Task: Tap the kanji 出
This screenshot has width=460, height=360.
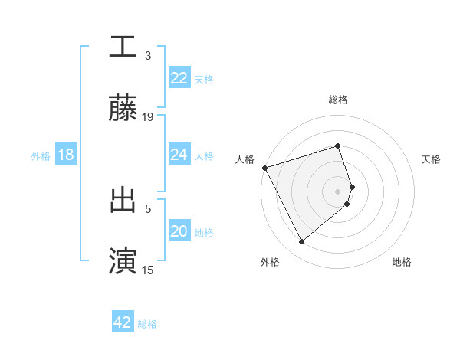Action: tap(123, 200)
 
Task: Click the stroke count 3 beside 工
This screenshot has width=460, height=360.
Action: tap(148, 56)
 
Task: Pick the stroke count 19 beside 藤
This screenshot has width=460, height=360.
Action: tap(148, 117)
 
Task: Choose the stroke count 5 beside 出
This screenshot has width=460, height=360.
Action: tap(148, 208)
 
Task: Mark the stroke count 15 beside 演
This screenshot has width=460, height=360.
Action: tap(148, 270)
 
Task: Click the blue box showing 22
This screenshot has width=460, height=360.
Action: tap(179, 78)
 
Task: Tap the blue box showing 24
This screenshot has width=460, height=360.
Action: tap(179, 155)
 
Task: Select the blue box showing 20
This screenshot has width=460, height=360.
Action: tap(179, 231)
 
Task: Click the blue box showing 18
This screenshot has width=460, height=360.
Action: tap(66, 155)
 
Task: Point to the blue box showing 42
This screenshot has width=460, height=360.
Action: tap(123, 322)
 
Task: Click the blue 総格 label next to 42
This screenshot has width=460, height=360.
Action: tap(147, 324)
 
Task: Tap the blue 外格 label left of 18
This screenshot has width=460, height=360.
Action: tap(41, 156)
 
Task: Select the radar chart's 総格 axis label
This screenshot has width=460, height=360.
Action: tap(338, 100)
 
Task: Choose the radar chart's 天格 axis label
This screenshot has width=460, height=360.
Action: tap(432, 159)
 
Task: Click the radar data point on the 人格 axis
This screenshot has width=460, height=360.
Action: tap(264, 167)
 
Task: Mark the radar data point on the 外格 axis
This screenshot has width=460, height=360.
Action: tap(301, 242)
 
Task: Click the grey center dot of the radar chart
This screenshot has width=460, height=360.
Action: tap(338, 191)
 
